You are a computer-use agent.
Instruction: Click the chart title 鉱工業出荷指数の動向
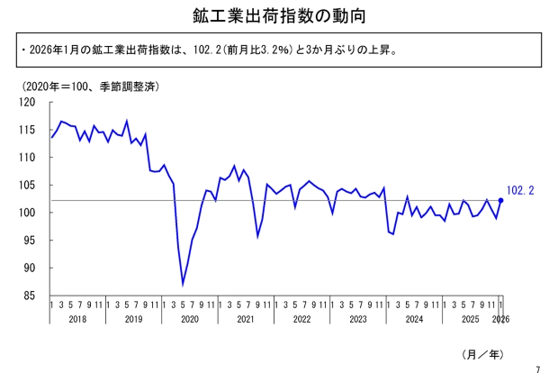tap(279, 15)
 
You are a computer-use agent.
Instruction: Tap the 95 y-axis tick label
tap(31, 241)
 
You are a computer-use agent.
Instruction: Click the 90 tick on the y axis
tap(31, 268)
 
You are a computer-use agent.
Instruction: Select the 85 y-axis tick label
tap(31, 296)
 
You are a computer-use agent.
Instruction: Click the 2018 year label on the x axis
tap(77, 320)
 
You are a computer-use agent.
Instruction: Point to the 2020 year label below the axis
tap(190, 320)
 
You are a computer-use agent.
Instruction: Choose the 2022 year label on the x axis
tap(302, 320)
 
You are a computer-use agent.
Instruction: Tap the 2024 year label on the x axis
tap(415, 320)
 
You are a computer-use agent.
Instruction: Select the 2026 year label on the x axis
tap(501, 320)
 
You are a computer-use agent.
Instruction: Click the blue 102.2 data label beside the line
tap(521, 190)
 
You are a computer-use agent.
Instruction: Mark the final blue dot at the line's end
tap(500, 200)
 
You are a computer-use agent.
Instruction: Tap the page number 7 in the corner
tap(537, 367)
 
